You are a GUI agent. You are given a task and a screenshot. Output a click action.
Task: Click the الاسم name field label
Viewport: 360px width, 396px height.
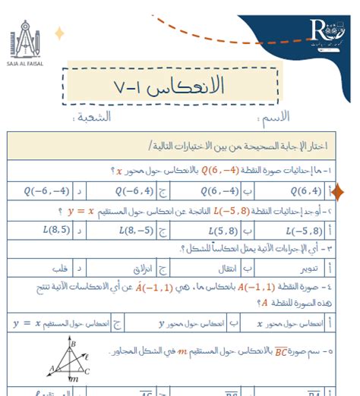point(274,118)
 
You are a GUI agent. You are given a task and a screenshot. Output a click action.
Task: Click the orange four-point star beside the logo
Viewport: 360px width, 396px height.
point(58,33)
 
